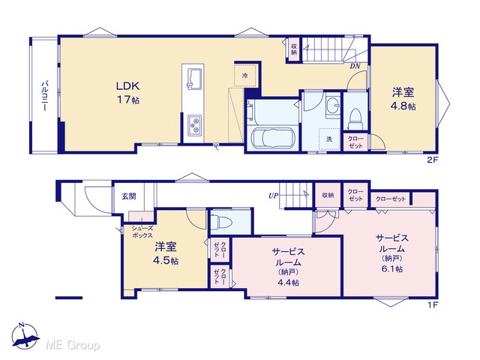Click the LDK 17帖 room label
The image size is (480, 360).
[x=127, y=93]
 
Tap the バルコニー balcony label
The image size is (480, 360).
[x=45, y=96]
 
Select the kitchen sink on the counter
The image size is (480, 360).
[x=193, y=79]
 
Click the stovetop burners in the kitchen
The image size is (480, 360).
[x=194, y=124]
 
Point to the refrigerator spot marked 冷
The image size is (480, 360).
[x=244, y=75]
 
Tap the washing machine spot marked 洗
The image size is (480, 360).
[x=329, y=139]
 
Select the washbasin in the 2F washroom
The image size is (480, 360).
[x=332, y=106]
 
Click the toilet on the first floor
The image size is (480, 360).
[x=222, y=221]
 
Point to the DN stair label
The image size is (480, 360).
[x=355, y=66]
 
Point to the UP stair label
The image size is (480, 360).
[x=273, y=195]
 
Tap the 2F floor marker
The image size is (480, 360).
[x=435, y=159]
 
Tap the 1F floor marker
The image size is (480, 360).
[x=435, y=304]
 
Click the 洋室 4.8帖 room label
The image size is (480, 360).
[x=403, y=98]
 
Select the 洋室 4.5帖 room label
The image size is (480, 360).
[x=166, y=253]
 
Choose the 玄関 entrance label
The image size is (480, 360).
[x=129, y=196]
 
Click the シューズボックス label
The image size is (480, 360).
[x=142, y=232]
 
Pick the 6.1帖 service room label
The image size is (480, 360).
[x=392, y=253]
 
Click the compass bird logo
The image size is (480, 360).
[x=25, y=334]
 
